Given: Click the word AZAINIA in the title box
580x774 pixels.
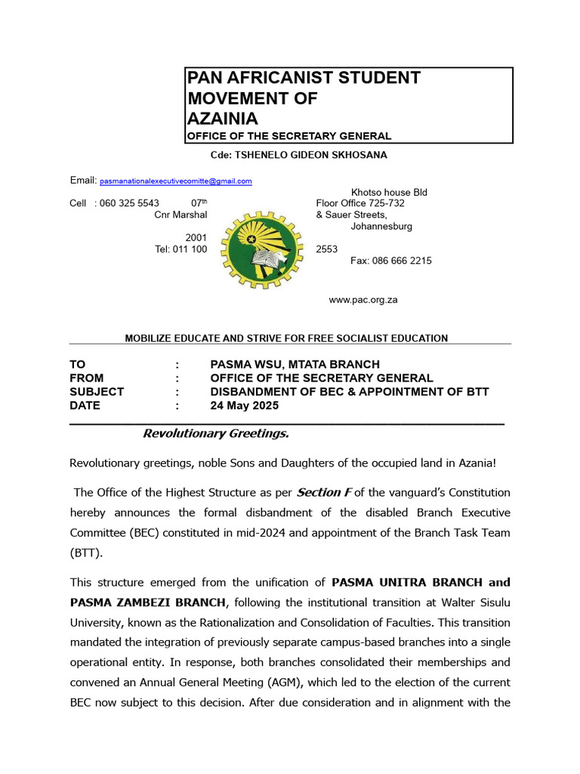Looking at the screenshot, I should click(x=222, y=119).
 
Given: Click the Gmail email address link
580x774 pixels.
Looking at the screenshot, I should click(x=176, y=181).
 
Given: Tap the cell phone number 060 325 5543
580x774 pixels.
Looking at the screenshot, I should click(x=129, y=203).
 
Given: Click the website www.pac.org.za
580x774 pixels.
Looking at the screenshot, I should click(x=362, y=300).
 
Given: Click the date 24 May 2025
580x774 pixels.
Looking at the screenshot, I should click(x=244, y=405).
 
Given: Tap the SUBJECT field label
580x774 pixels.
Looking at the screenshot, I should click(x=97, y=392).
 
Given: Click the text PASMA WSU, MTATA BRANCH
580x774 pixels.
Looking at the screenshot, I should click(x=295, y=364).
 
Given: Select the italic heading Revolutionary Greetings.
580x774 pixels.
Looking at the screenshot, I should click(x=216, y=434).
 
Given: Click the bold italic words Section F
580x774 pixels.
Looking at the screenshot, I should click(x=324, y=493).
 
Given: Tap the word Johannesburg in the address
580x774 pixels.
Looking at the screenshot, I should click(x=381, y=226).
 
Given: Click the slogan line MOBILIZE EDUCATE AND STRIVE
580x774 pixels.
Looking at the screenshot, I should click(x=286, y=338).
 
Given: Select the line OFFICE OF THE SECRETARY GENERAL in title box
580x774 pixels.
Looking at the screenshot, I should click(x=288, y=136).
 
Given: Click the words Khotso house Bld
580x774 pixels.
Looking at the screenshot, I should click(x=389, y=192).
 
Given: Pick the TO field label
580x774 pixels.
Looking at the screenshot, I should click(x=78, y=364).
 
